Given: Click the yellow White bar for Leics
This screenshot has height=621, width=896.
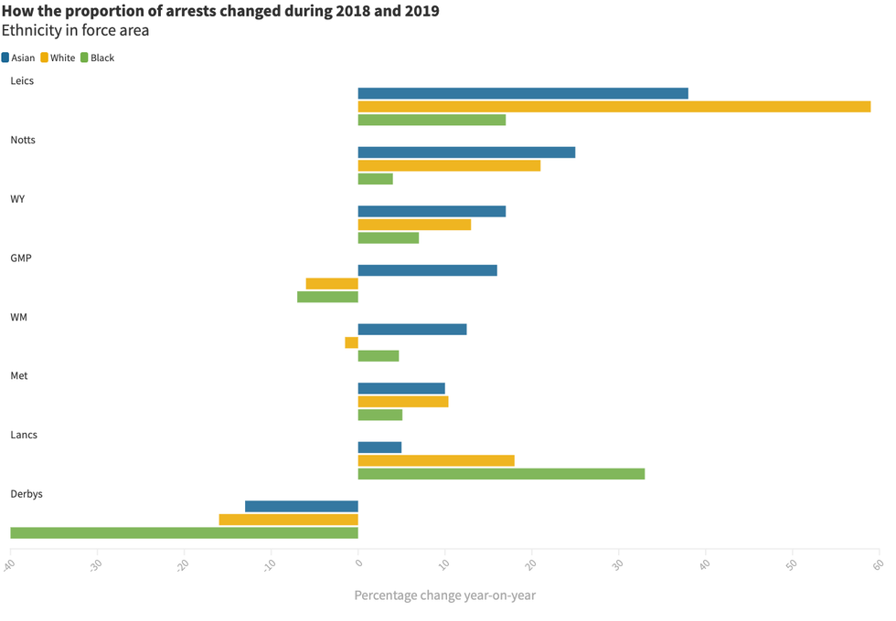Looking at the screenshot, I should click(613, 107).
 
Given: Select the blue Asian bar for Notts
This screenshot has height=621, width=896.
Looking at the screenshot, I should click(466, 153).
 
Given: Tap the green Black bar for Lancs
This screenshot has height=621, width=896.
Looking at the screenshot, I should click(501, 474).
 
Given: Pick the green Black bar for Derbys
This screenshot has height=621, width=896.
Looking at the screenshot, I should click(184, 532).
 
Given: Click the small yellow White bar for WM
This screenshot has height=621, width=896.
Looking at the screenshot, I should click(351, 342).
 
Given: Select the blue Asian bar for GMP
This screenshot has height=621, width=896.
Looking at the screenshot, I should click(427, 270).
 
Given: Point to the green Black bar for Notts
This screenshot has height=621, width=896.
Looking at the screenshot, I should click(375, 179).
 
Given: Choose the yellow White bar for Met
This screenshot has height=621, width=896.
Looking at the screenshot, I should click(402, 402).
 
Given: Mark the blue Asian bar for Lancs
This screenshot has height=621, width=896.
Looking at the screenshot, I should click(379, 447).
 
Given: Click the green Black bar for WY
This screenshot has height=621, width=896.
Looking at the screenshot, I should click(388, 238).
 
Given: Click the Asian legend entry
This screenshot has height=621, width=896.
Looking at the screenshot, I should click(18, 58).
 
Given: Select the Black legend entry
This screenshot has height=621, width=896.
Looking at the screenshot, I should click(97, 58).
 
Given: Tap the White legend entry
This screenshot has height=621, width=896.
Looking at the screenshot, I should click(58, 58).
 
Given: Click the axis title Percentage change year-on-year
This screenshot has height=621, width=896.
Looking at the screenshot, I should click(444, 595).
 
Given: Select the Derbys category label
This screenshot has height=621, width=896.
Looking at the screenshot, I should click(27, 494).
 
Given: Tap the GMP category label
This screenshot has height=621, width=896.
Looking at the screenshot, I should click(21, 258).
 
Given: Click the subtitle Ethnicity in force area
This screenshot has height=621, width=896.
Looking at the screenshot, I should click(75, 30).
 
